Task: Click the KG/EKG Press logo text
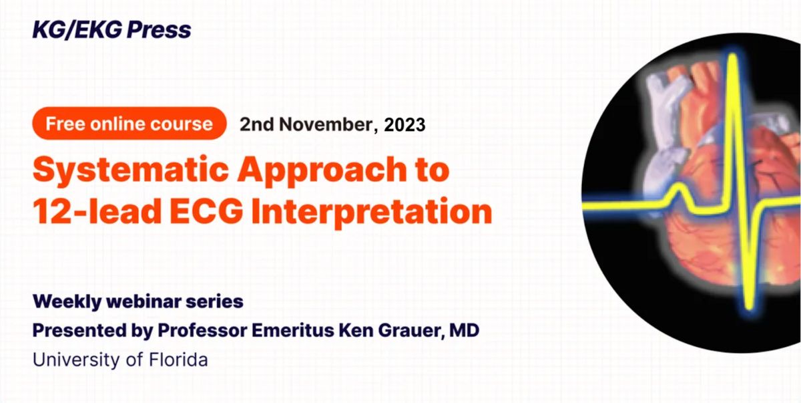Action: (x=111, y=29)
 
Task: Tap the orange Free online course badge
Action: (x=129, y=124)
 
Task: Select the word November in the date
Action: (x=328, y=124)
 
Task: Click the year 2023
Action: (x=405, y=124)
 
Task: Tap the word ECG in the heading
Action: (x=206, y=211)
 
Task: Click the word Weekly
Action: (x=67, y=301)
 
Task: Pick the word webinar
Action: (x=144, y=301)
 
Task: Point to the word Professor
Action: (x=202, y=330)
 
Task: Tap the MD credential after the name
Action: (x=464, y=330)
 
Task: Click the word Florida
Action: (x=178, y=360)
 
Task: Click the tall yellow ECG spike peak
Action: (x=733, y=57)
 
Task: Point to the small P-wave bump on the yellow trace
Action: (x=678, y=188)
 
